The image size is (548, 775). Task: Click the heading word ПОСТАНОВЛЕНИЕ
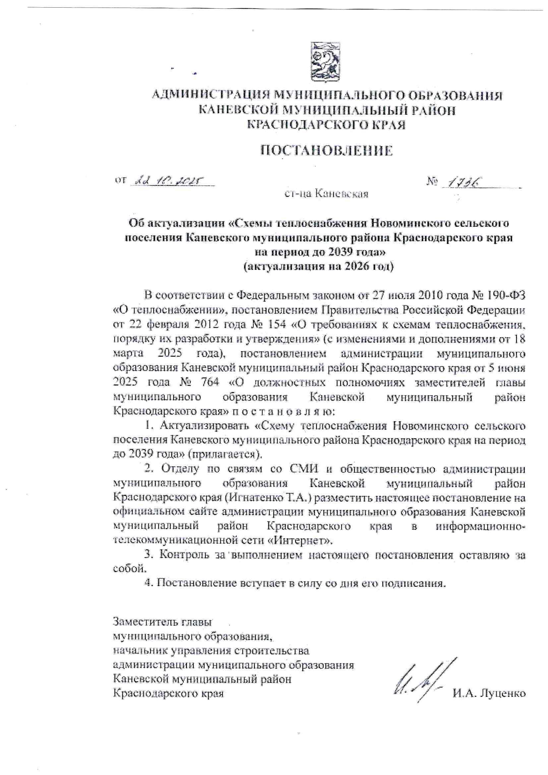tap(327, 150)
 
